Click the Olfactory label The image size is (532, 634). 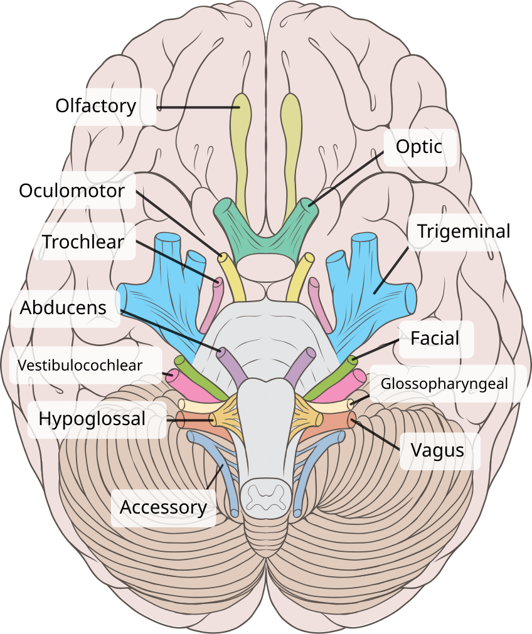point(95,105)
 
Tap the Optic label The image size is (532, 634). point(418,147)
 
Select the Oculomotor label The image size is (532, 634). point(72,190)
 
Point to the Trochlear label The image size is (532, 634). point(83,241)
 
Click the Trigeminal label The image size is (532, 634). point(464,231)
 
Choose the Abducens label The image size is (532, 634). point(63,307)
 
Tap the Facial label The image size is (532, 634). point(435,339)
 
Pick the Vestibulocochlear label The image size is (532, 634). point(80,365)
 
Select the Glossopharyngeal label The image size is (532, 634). point(444,383)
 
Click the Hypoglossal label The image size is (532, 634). point(92,419)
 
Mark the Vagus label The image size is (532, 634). point(437,450)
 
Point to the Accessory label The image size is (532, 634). point(163,507)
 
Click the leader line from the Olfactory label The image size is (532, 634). point(194,108)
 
